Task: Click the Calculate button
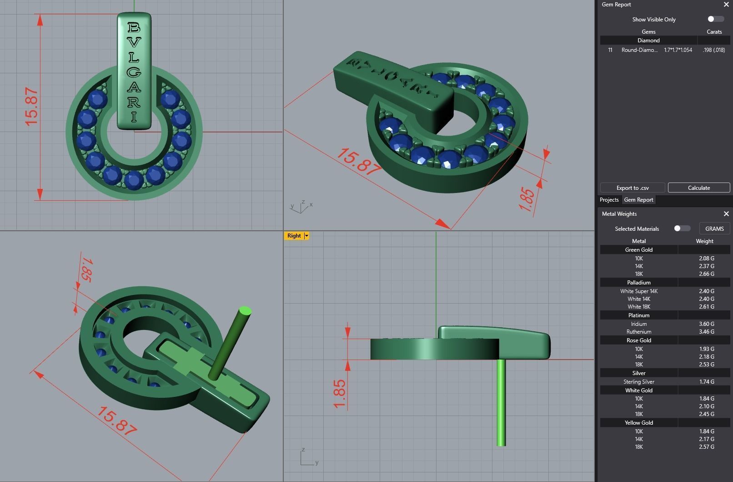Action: click(x=698, y=188)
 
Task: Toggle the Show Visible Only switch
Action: click(x=715, y=19)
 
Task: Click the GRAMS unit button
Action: click(x=714, y=228)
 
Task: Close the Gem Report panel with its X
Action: click(x=726, y=5)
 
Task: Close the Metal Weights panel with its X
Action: click(x=726, y=214)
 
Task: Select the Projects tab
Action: click(x=609, y=200)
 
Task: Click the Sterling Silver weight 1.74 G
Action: click(x=706, y=382)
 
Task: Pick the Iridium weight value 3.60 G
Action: click(x=706, y=324)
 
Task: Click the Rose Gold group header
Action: click(x=638, y=340)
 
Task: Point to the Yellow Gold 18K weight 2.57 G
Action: click(x=706, y=447)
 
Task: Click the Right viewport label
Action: click(x=294, y=236)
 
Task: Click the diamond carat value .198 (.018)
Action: click(x=713, y=50)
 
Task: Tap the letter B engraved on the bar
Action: click(x=134, y=28)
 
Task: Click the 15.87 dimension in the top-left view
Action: click(x=31, y=107)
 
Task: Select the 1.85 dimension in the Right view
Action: click(x=339, y=394)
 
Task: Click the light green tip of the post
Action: click(x=245, y=311)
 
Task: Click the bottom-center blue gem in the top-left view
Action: click(x=134, y=180)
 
